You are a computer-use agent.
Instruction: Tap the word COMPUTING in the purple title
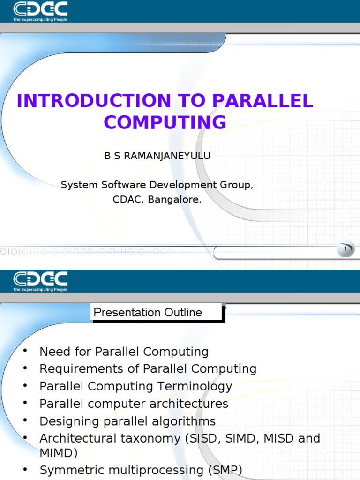(165, 122)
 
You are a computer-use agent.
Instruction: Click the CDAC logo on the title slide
(40, 10)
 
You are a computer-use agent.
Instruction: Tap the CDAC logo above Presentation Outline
(40, 280)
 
